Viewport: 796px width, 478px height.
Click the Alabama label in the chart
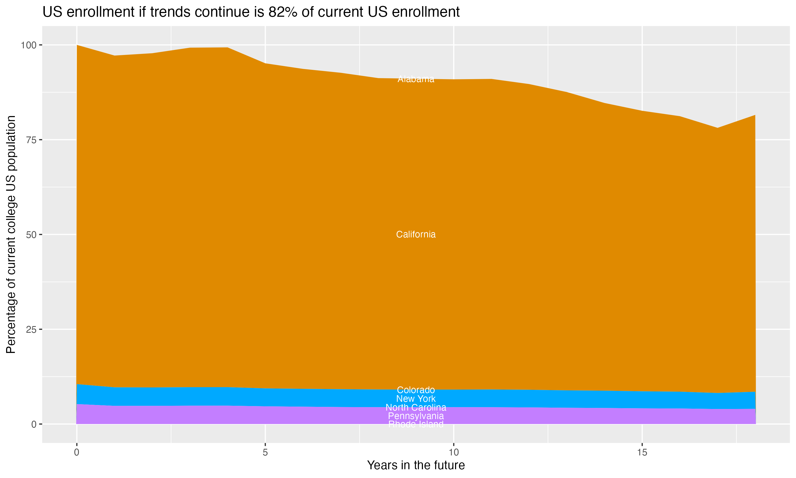(x=416, y=79)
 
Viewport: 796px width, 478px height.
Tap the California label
(x=416, y=234)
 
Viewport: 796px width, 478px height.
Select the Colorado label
(x=416, y=390)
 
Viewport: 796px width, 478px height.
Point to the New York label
(x=416, y=399)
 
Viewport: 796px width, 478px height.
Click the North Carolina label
(x=416, y=407)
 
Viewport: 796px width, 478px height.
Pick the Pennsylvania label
(x=416, y=416)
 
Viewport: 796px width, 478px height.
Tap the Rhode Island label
(x=416, y=424)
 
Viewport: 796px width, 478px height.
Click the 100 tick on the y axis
(x=29, y=45)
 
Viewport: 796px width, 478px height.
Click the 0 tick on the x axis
(x=77, y=453)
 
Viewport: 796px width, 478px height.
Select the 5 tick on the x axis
(x=265, y=453)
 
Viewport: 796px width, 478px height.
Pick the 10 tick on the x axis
(x=453, y=453)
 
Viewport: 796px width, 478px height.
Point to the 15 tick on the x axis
(x=642, y=453)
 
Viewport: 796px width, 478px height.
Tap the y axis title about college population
(x=11, y=234)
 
